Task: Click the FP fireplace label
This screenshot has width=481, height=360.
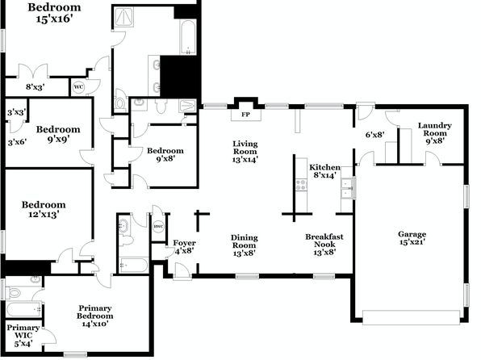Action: coord(245,115)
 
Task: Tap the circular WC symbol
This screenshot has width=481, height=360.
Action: coord(78,87)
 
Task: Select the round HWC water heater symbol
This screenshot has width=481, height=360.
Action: coord(159,227)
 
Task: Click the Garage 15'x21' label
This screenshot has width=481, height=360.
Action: coord(412,238)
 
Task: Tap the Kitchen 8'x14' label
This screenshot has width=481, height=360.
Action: coord(324,171)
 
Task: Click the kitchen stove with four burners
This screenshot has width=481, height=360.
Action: coord(301,185)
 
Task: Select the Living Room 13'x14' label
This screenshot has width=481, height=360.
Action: coord(245,151)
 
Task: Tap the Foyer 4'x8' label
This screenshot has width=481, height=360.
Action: coord(184,247)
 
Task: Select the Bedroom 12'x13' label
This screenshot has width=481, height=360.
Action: coord(44,209)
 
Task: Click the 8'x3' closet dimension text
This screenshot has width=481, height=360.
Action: coord(36,87)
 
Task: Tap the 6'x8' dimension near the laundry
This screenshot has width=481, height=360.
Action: coord(374,135)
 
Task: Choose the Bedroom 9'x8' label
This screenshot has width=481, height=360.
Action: coord(165,155)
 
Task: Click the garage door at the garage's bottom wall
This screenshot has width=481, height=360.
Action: coord(411,317)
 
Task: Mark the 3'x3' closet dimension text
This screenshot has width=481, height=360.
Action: coord(17,112)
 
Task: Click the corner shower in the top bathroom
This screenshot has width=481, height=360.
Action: coord(123,17)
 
